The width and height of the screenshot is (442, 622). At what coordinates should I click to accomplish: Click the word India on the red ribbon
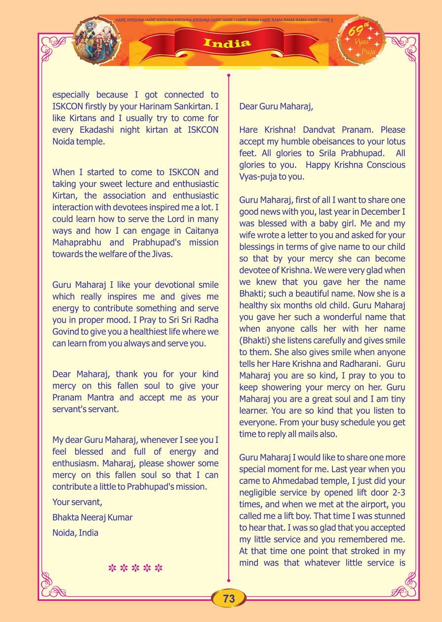tap(227, 43)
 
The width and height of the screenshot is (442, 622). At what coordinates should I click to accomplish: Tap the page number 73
tap(229, 598)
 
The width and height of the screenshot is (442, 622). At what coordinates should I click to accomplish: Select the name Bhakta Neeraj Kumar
tap(92, 517)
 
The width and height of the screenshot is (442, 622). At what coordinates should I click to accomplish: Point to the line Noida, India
tap(76, 533)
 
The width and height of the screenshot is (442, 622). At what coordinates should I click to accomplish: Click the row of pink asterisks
tap(135, 568)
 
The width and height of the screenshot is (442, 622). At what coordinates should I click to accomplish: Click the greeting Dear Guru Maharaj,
tap(276, 106)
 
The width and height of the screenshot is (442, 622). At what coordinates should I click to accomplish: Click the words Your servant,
tap(77, 502)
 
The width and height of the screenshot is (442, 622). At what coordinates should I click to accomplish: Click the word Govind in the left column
tap(68, 332)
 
